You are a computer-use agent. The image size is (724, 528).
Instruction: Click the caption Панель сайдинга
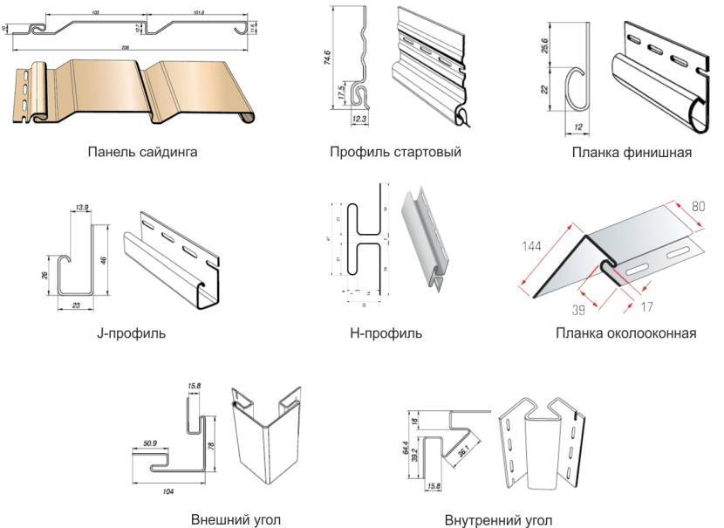point(142,152)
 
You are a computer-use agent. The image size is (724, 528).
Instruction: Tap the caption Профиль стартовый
point(395,152)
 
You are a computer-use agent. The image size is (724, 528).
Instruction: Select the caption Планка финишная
point(632,153)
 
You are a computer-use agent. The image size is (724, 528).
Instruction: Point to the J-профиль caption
point(133,333)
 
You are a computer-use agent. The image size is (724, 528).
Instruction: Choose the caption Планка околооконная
point(625,333)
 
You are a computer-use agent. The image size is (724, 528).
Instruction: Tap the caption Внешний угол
point(236,519)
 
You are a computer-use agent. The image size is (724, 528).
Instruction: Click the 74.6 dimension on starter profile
point(327,60)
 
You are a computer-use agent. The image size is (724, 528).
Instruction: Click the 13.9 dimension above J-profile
point(82,207)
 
